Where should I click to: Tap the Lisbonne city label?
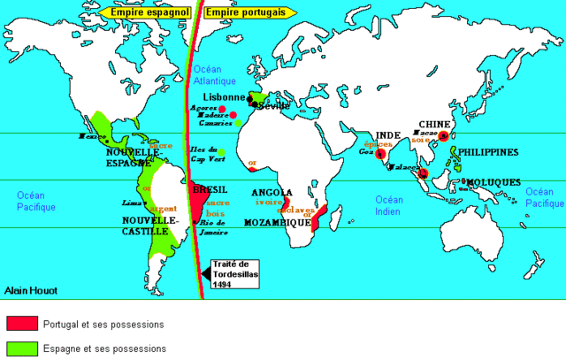(225, 96)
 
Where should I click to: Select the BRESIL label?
(210, 189)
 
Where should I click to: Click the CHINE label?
(435, 123)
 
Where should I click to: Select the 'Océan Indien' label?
(389, 205)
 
